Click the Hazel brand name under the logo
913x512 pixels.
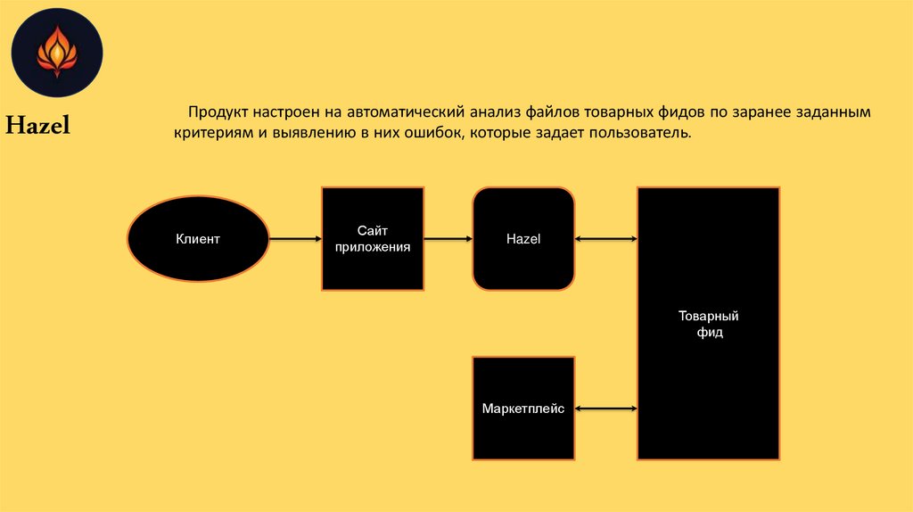coord(38,126)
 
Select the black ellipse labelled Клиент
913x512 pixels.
coord(198,239)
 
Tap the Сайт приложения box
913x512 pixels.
coord(373,239)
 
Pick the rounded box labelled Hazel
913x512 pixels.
coord(523,239)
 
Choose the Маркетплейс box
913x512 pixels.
coord(523,409)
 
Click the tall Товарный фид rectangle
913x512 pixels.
coord(708,324)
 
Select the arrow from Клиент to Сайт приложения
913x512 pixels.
coord(294,239)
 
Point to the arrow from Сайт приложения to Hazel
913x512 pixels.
coord(448,239)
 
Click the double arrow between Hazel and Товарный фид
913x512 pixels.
coord(605,239)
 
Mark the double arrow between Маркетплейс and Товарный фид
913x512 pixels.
coord(605,409)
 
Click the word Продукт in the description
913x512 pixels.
coord(217,114)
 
